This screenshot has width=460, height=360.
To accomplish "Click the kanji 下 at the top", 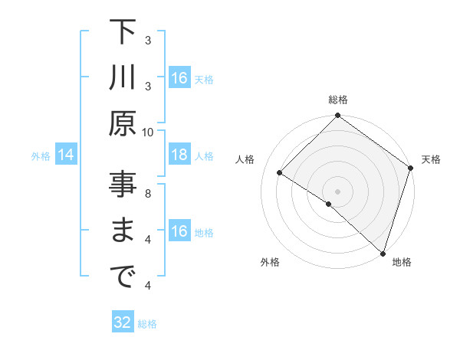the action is [123, 33].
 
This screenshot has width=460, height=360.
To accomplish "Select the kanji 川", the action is [123, 80].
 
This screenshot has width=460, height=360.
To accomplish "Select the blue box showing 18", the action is [179, 155].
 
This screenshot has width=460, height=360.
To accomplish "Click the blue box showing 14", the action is [65, 155].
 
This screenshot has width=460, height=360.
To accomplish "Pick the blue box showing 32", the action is [123, 323].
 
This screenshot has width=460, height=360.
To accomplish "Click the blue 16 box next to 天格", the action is [179, 78].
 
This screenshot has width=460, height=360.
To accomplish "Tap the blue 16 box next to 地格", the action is [179, 232].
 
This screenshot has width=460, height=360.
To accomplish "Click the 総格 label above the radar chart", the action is [338, 100].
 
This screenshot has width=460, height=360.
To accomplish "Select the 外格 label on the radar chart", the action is [270, 262].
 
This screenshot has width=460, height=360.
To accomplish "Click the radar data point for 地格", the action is [382, 251].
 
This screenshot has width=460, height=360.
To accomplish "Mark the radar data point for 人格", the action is [280, 173].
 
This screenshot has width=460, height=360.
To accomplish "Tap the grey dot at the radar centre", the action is [337, 190].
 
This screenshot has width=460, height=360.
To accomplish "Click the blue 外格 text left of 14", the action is [41, 156].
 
